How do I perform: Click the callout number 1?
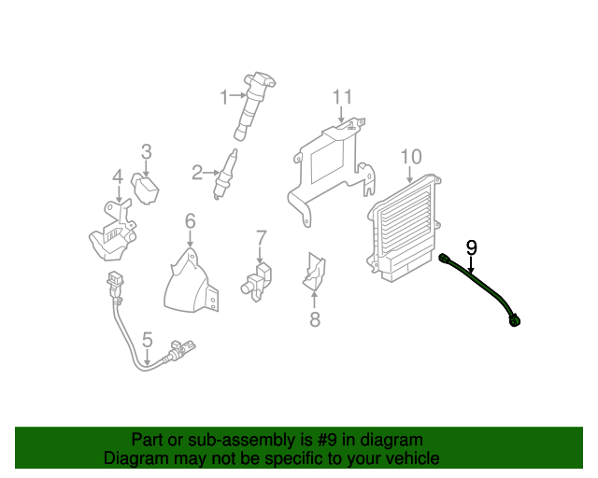(223, 95)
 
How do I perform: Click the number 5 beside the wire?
(147, 339)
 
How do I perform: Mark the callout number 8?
(314, 320)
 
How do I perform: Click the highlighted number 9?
(472, 247)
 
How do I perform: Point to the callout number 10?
(411, 156)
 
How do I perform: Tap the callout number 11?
(342, 97)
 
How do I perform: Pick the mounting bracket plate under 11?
(327, 168)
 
